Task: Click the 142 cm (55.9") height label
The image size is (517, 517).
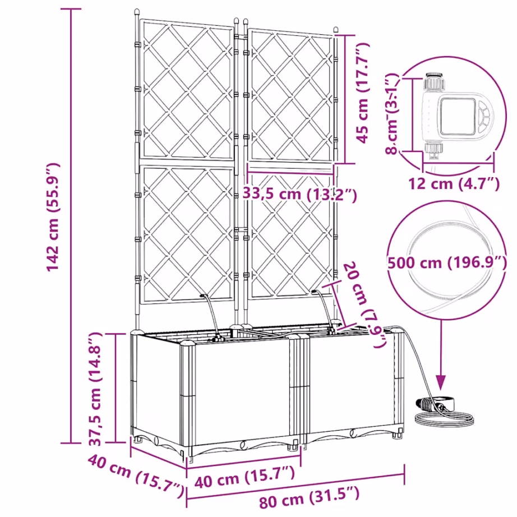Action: tap(53, 218)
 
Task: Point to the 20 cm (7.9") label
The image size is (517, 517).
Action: tap(365, 306)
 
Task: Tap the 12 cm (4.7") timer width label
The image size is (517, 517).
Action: tap(454, 183)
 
